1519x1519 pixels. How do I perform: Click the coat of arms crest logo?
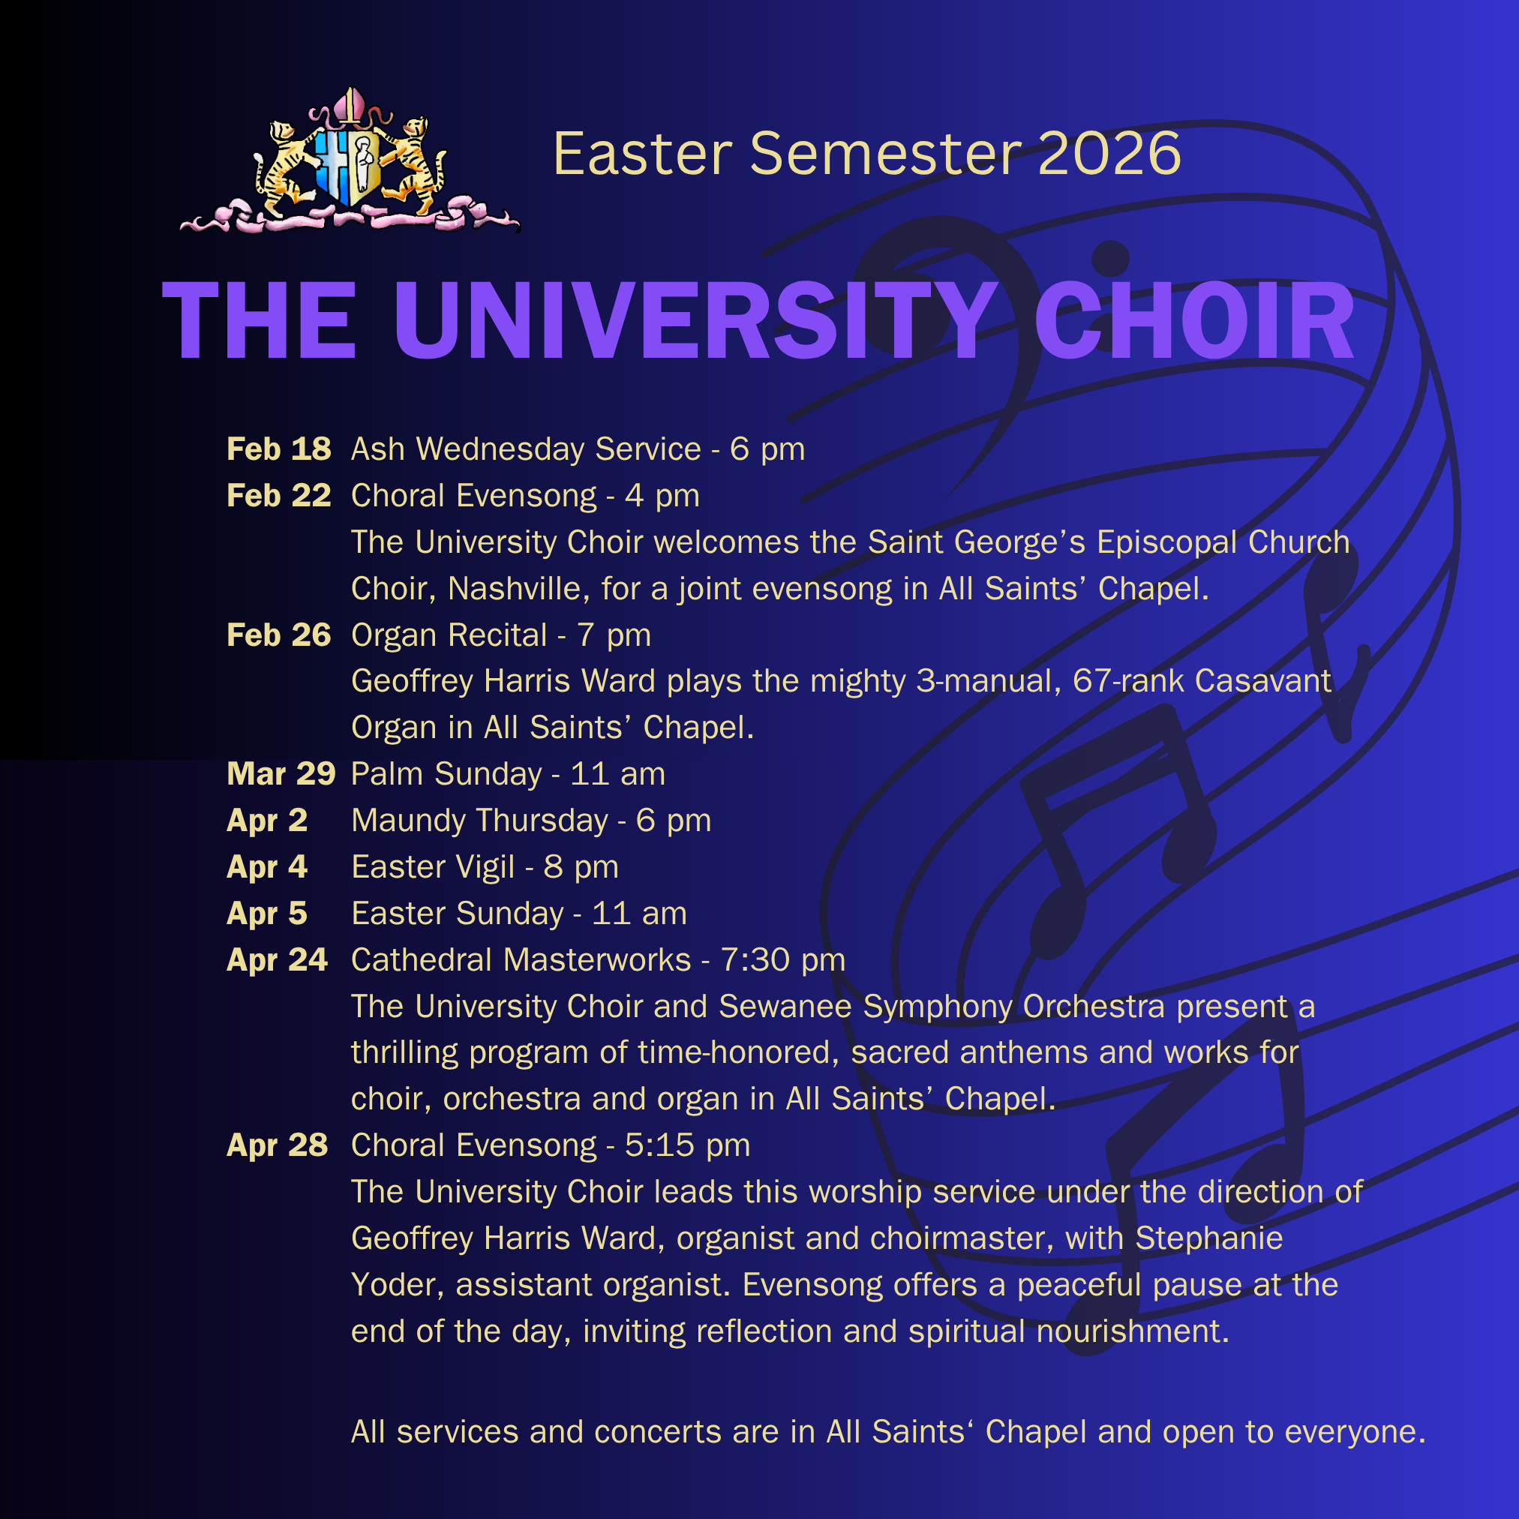[x=350, y=161]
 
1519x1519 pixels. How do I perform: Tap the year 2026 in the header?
[x=1109, y=153]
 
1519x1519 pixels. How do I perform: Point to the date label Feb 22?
[x=279, y=496]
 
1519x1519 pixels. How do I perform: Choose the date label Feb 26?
[x=279, y=635]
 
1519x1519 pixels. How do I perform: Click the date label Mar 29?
[x=281, y=774]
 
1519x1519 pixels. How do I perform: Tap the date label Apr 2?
[x=267, y=821]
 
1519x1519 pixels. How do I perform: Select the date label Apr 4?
[x=267, y=867]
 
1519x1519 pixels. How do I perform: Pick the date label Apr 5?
[x=267, y=914]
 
